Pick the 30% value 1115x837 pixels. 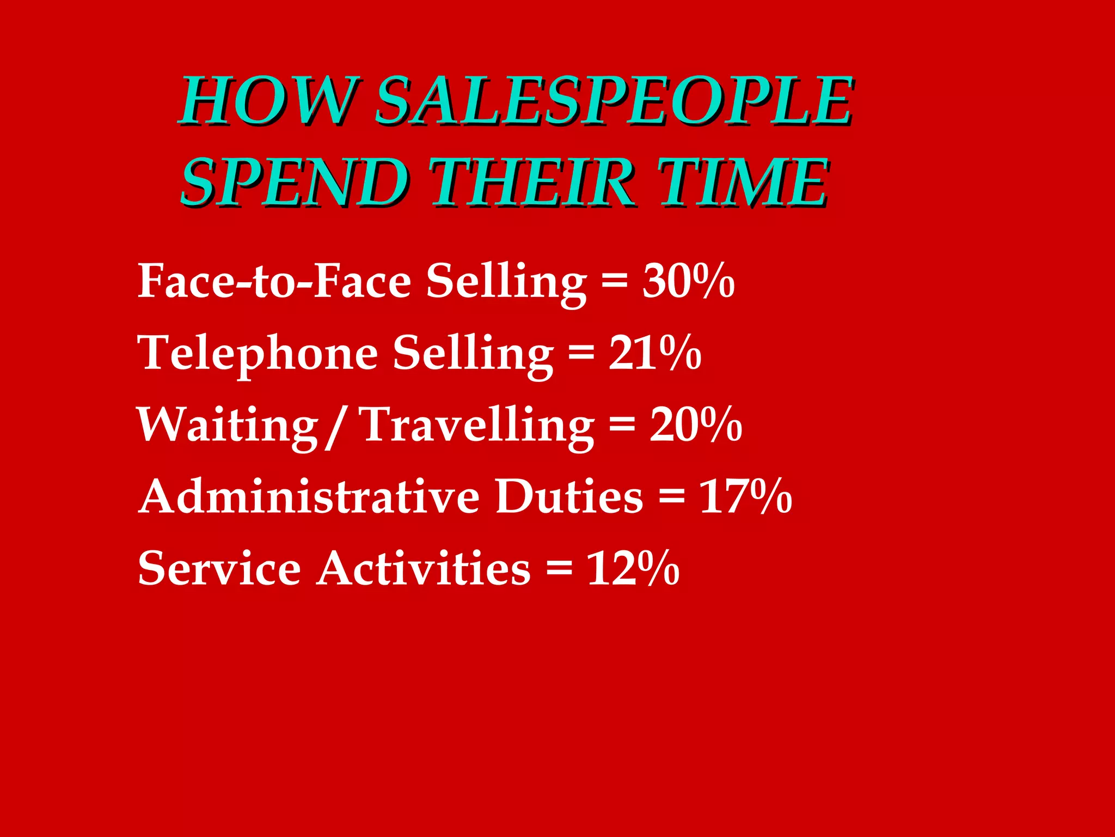pyautogui.click(x=689, y=281)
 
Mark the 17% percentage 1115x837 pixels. pyautogui.click(x=745, y=496)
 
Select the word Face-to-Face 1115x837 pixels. pyautogui.click(x=274, y=281)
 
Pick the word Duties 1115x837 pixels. pyautogui.click(x=569, y=496)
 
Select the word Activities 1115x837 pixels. pyautogui.click(x=424, y=568)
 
